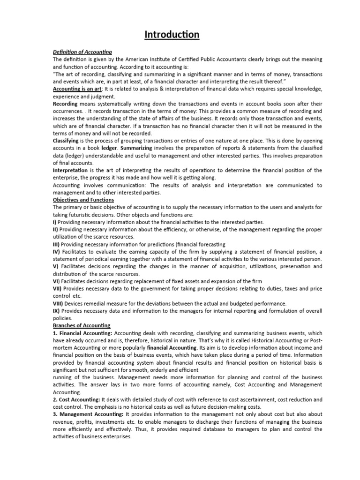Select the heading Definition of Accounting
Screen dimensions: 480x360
pos(82,52)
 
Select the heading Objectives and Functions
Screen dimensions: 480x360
pos(83,200)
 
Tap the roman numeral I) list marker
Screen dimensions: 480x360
pos(55,222)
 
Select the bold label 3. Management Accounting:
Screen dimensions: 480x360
pos(88,414)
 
